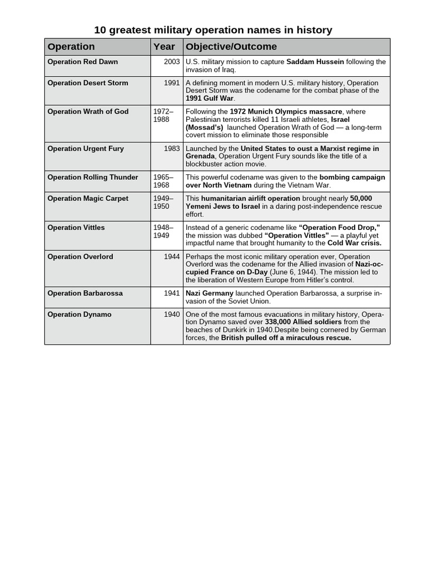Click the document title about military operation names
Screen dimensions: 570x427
213,30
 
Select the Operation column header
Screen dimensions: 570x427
71,47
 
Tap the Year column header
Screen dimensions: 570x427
164,47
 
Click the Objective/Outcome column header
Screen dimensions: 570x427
231,47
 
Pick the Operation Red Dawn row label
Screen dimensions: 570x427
83,62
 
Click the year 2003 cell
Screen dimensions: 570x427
172,62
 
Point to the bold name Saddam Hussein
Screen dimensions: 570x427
315,62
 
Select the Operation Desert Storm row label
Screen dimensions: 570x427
88,83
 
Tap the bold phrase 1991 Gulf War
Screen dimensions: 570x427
210,98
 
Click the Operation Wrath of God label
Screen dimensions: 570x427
88,111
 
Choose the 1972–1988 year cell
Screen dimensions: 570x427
163,115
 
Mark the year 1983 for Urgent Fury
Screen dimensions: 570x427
172,149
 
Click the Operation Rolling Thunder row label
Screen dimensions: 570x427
93,177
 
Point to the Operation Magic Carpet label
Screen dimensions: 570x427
88,198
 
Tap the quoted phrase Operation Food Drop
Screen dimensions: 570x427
339,227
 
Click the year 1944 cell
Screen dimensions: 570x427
172,257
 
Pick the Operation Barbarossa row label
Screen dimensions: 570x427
85,293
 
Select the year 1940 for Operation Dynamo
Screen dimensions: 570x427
172,315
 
